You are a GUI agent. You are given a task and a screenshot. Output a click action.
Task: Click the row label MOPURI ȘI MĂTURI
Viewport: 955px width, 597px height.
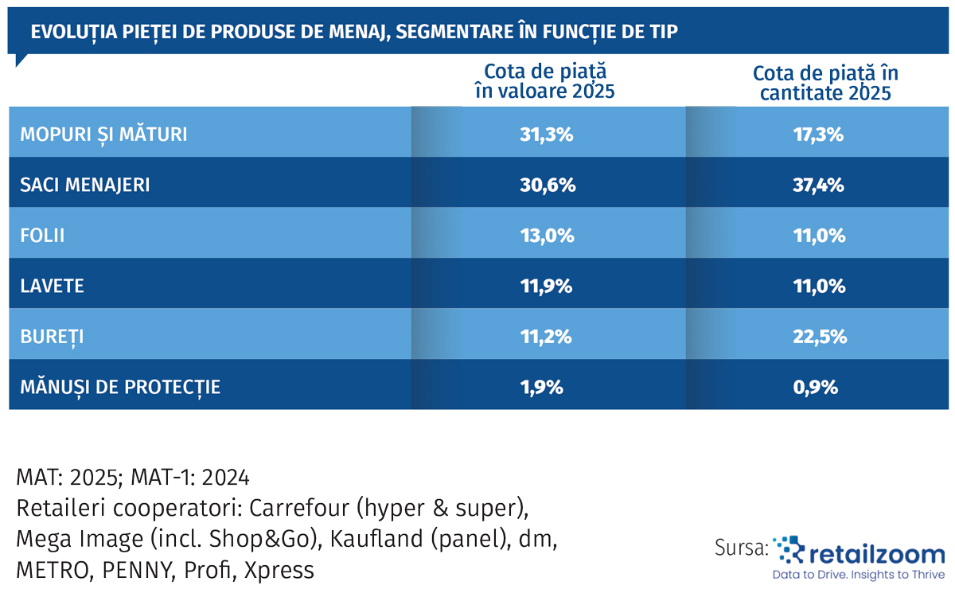point(103,134)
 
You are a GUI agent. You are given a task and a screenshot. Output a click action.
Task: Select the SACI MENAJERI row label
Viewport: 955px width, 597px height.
point(85,185)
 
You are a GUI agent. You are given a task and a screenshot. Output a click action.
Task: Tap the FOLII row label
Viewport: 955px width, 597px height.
point(42,236)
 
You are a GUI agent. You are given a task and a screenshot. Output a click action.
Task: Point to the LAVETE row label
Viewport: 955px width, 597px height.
point(52,286)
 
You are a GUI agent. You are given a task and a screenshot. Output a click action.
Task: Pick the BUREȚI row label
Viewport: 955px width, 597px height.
point(52,337)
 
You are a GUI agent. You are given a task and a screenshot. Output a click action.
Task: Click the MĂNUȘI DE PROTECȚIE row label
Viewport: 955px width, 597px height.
point(120,388)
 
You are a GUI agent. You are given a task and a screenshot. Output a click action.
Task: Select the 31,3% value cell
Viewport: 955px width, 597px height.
point(546,134)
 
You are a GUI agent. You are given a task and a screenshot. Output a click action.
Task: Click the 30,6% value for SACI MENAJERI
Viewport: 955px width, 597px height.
point(546,185)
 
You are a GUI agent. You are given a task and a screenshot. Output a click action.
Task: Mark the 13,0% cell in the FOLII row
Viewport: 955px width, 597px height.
point(546,236)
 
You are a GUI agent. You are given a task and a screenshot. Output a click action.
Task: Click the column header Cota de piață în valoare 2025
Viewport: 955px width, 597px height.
point(545,81)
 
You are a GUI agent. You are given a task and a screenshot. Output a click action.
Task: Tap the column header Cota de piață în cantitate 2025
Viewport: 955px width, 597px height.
point(825,83)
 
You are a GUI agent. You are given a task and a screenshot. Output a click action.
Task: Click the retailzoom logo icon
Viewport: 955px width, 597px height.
point(789,549)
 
